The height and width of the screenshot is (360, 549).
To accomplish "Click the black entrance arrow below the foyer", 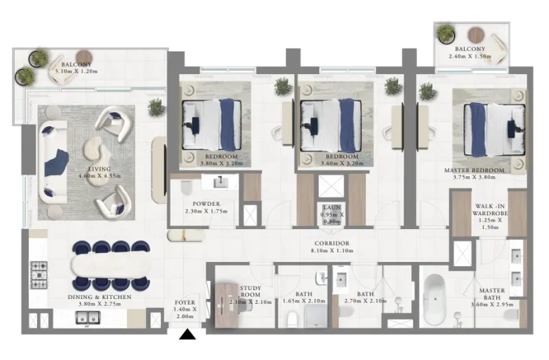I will point(187,335).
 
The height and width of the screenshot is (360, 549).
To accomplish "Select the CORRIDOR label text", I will point(333,243).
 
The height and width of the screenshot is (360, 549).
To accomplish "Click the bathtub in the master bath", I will point(435,300).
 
